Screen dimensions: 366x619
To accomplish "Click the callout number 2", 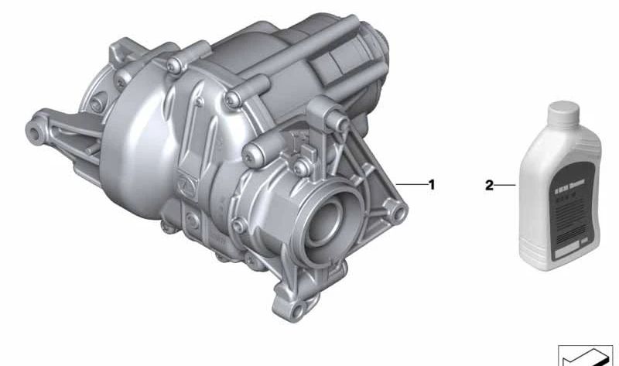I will pyautogui.click(x=490, y=186).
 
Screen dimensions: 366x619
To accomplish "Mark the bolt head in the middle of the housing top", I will pyautogui.click(x=232, y=97).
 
